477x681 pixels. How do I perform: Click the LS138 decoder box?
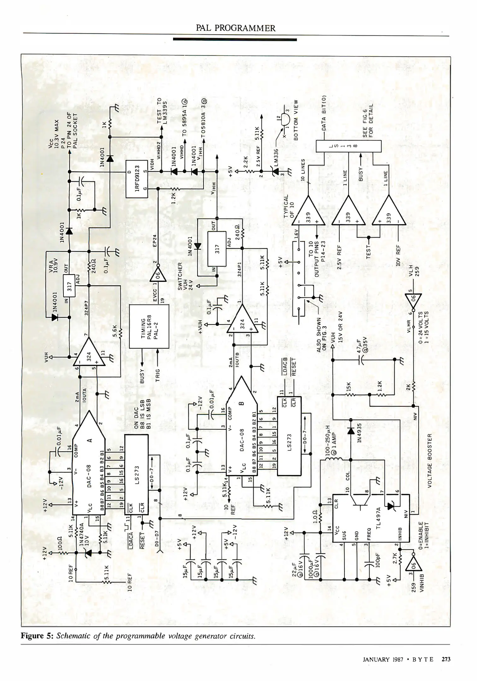point(348,146)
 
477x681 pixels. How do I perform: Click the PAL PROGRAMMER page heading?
point(235,28)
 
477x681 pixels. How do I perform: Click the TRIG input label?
point(158,375)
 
